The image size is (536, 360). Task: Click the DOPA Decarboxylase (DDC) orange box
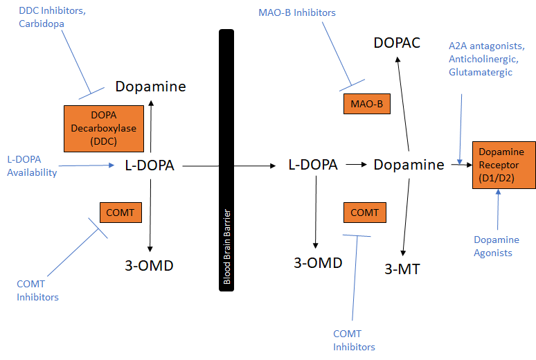coord(103,128)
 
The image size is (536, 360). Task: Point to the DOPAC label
coord(397,43)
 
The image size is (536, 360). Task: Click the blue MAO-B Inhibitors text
coord(297,12)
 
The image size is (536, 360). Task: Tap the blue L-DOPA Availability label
coord(32,166)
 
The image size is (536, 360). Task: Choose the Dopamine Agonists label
coord(496,246)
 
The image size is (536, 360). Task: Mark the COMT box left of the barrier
coord(121,213)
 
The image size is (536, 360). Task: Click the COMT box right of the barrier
coord(364,213)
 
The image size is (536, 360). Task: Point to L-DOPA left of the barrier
coord(149,165)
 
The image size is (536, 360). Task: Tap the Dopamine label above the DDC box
coord(150,87)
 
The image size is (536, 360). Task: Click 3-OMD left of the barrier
coord(150,265)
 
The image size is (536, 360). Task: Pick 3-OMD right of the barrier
coord(318,262)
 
